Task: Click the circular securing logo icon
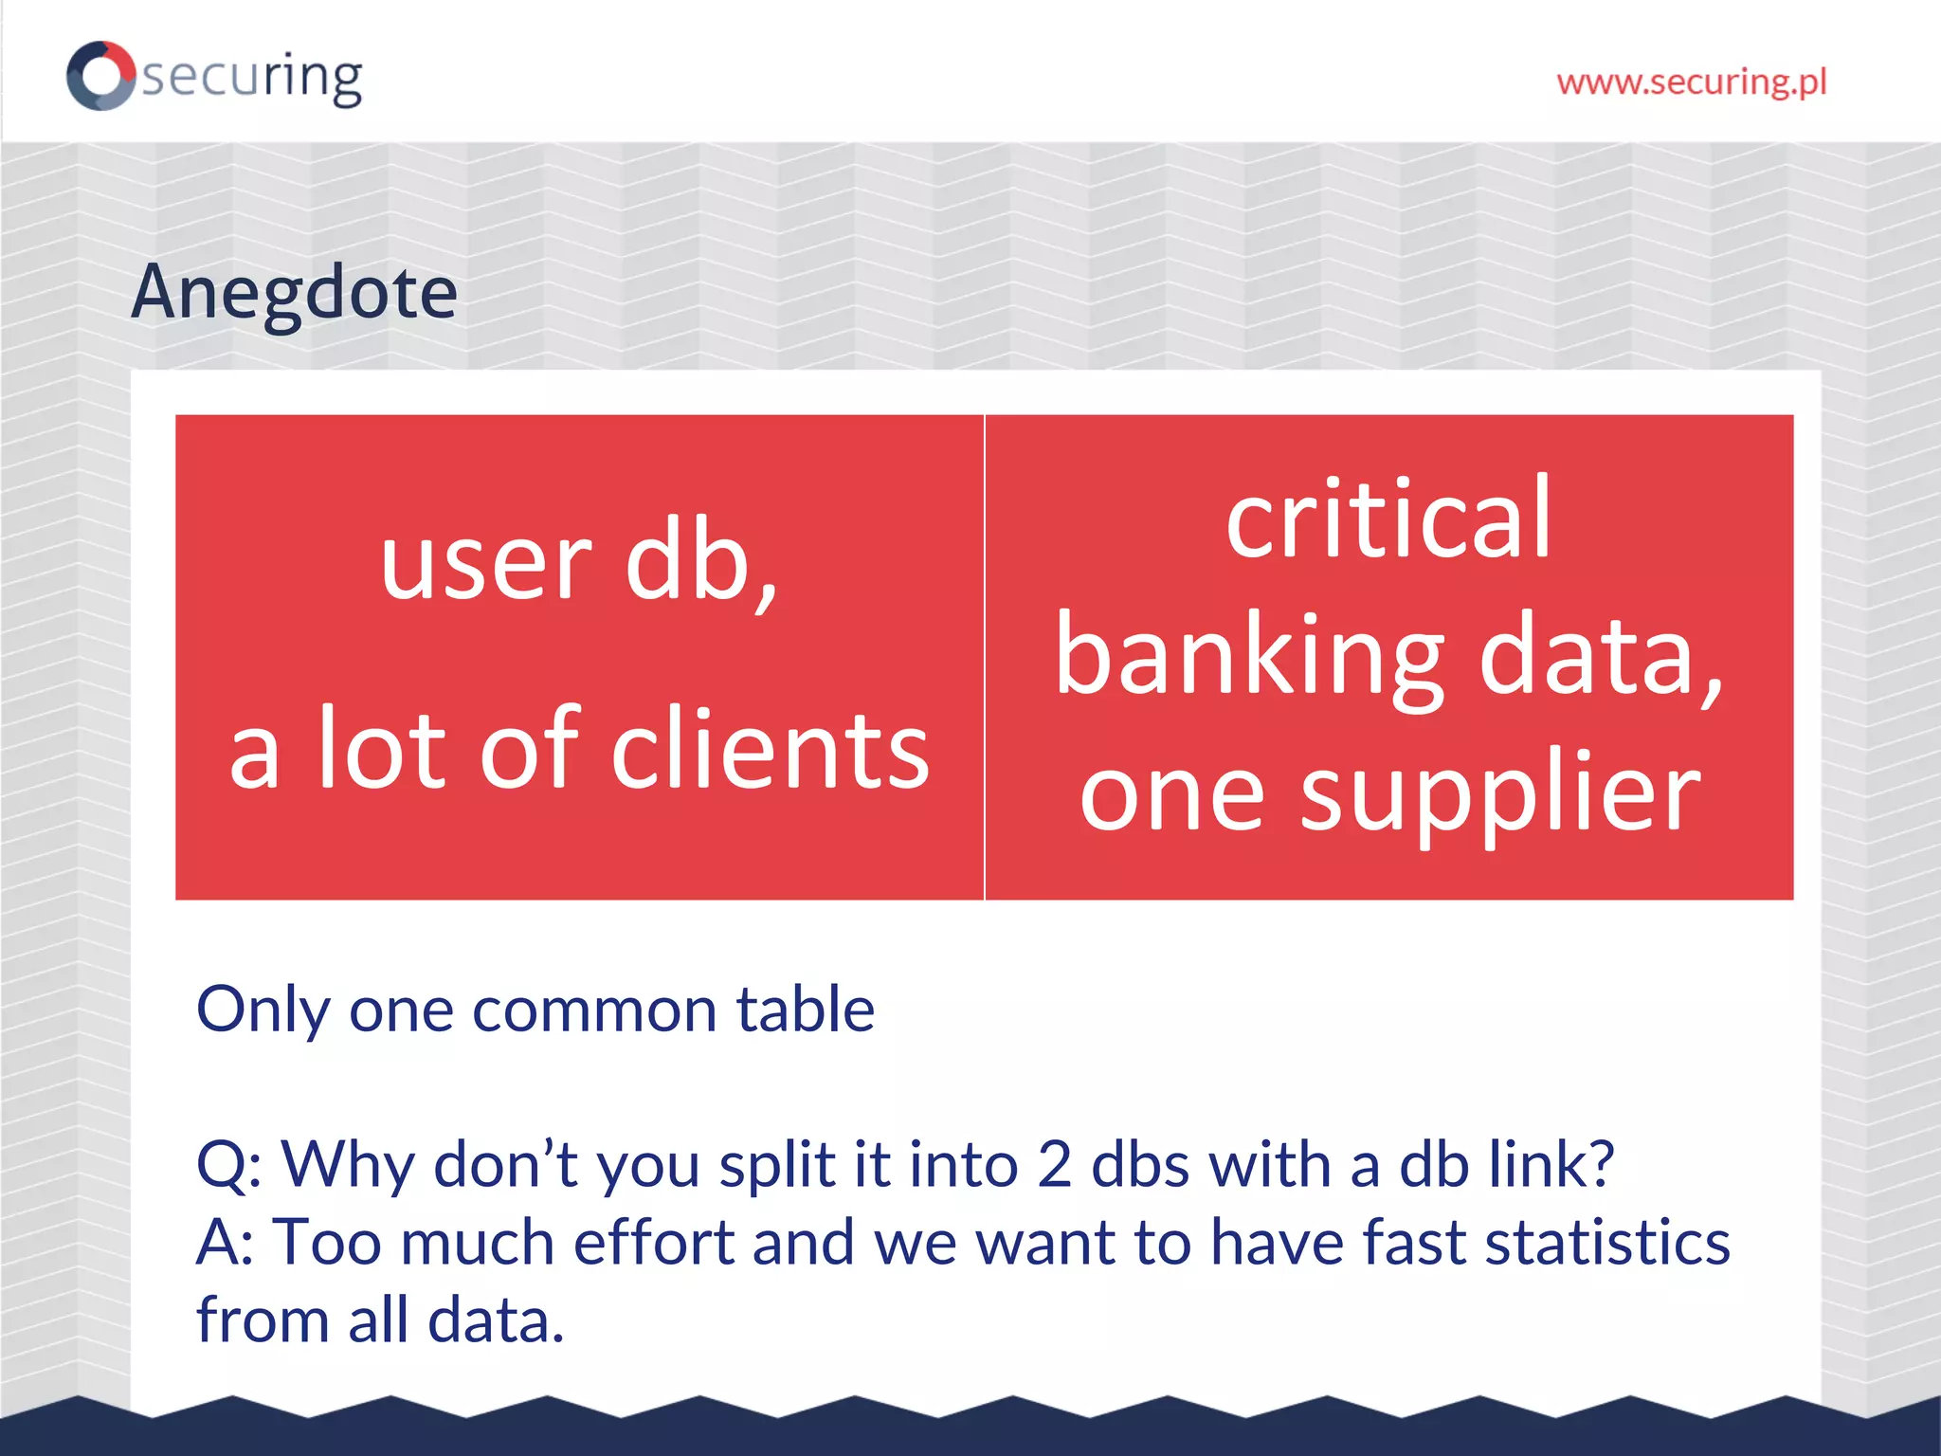coord(100,76)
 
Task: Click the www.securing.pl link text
coord(1692,82)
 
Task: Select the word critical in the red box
coord(1388,519)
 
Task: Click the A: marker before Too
coord(225,1243)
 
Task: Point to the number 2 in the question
coord(1054,1165)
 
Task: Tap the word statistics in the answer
coord(1607,1243)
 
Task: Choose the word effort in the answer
coord(654,1243)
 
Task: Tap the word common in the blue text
coord(593,1010)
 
